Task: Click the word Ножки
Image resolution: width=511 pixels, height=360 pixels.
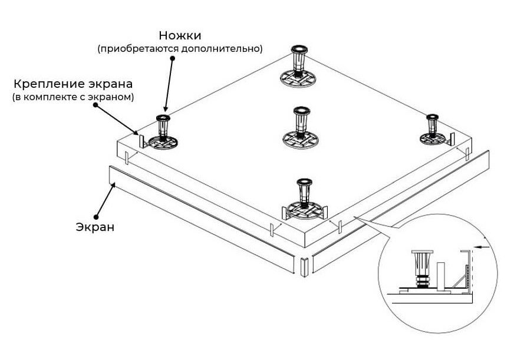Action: [x=179, y=36]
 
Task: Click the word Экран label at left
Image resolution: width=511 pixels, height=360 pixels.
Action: [x=95, y=227]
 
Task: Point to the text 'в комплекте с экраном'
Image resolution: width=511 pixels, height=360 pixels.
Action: [x=73, y=96]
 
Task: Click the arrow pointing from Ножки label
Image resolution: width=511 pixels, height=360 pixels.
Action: [x=170, y=82]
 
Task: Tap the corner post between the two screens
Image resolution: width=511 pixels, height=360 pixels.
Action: [x=304, y=266]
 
